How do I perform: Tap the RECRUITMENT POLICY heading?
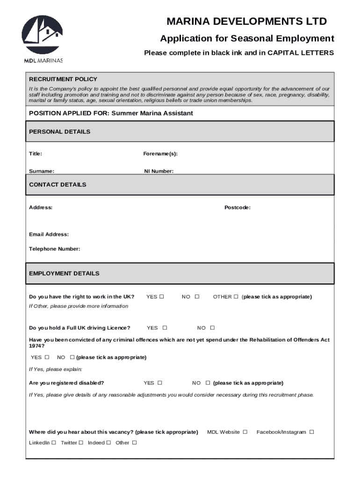(x=63, y=79)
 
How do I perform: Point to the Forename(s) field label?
(x=160, y=154)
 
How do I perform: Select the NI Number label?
(x=158, y=171)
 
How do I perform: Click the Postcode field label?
(x=237, y=207)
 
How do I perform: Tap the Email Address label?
(x=49, y=234)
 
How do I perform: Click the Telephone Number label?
(x=54, y=249)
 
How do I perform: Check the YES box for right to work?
(x=162, y=297)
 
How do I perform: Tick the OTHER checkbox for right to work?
(x=236, y=297)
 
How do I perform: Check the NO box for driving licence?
(x=212, y=328)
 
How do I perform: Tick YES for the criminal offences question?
(x=47, y=357)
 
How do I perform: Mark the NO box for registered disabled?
(x=208, y=383)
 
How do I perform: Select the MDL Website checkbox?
(x=245, y=432)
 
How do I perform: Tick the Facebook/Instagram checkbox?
(x=312, y=432)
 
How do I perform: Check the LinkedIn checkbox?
(x=54, y=443)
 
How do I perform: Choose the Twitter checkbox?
(x=81, y=443)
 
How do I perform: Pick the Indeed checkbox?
(x=108, y=443)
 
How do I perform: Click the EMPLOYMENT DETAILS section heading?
(x=64, y=273)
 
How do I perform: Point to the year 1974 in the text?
(x=36, y=346)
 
